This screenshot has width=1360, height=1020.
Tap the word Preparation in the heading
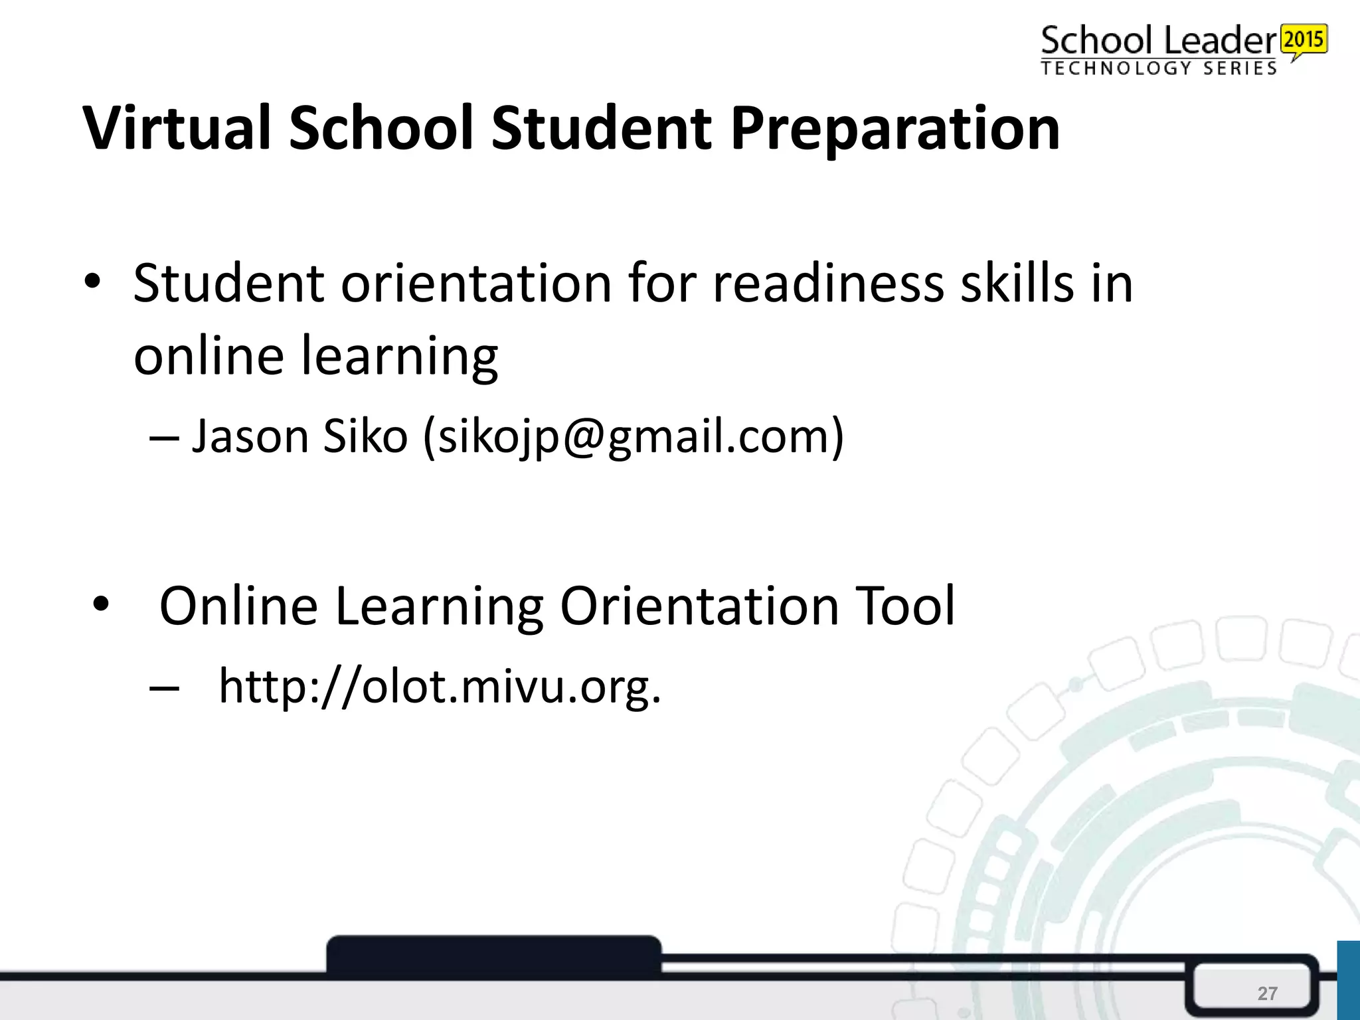click(x=894, y=129)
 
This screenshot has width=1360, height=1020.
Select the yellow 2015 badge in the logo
click(x=1304, y=40)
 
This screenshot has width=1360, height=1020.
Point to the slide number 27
click(x=1267, y=993)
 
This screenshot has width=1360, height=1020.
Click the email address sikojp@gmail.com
click(x=633, y=437)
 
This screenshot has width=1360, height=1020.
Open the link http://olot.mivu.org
click(x=440, y=687)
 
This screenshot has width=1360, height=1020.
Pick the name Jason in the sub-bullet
click(x=250, y=437)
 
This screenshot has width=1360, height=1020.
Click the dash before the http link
click(x=164, y=689)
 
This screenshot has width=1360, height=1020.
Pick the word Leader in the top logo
click(x=1221, y=41)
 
